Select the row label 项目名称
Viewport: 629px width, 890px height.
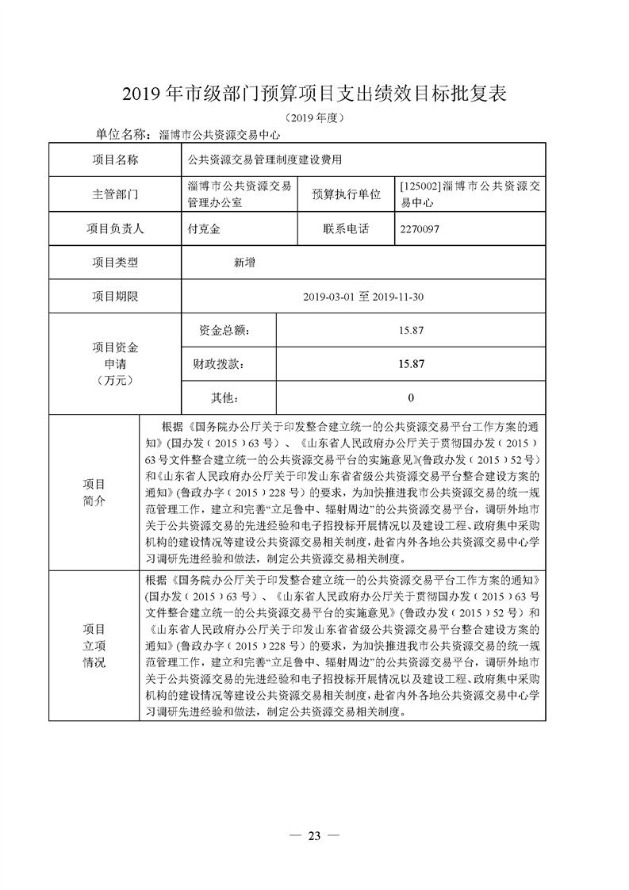[x=116, y=159]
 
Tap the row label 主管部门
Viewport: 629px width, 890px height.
[x=116, y=194]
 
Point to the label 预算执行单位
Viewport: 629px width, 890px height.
[x=346, y=194]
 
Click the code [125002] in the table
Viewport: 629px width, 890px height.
[x=416, y=187]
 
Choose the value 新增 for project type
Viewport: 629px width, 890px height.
[x=244, y=263]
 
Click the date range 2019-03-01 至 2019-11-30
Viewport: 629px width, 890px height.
[x=364, y=297]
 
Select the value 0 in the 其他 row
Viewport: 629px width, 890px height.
[x=411, y=397]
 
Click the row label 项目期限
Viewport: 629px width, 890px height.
[x=116, y=297]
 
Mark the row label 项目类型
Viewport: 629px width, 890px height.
[x=116, y=263]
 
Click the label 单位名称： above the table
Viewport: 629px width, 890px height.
[x=123, y=134]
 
